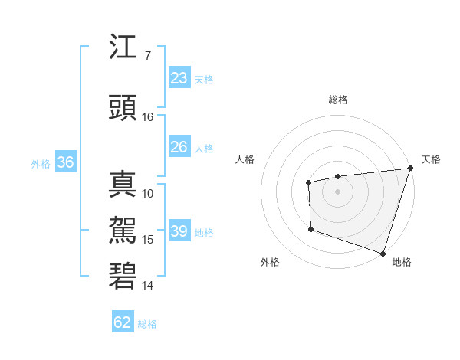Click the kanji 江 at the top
[123, 48]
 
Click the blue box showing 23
[179, 78]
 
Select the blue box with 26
[179, 147]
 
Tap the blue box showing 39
[179, 231]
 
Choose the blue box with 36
[65, 162]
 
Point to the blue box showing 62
[123, 322]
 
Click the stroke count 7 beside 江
[147, 56]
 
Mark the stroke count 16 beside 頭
[148, 117]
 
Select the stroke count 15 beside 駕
[148, 240]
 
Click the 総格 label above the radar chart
[338, 100]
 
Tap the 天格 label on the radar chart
[431, 159]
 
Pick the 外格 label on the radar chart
[270, 262]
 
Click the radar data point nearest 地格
[383, 252]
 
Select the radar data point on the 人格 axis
[308, 182]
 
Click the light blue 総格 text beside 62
[147, 324]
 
